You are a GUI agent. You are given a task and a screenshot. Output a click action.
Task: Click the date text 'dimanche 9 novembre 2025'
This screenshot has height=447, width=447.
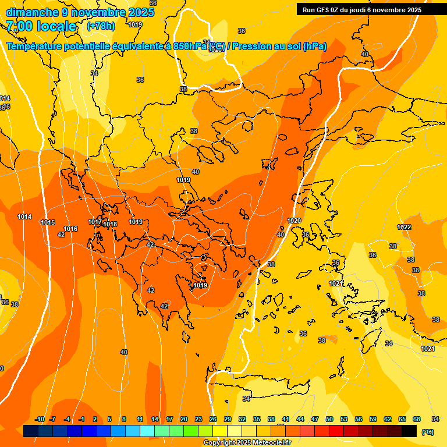coord(80,12)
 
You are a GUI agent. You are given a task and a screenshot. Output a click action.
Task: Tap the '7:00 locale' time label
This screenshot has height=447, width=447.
coord(41,26)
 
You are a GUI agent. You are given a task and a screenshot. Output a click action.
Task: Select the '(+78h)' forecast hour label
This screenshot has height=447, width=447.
coord(101,26)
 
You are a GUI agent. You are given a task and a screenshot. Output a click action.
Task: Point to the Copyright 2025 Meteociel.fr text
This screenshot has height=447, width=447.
coord(255,443)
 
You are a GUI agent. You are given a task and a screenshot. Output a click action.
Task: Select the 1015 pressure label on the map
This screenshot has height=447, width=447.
coord(48,223)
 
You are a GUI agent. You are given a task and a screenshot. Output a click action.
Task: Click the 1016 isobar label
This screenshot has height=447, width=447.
coord(71,229)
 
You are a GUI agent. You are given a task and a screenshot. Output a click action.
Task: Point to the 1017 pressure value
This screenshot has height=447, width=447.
coord(95,222)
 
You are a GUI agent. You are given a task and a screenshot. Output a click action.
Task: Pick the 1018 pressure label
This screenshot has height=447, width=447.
coord(110,225)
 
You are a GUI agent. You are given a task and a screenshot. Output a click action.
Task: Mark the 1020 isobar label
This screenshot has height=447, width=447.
coord(294,221)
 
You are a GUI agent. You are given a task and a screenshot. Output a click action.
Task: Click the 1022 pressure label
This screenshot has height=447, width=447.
coord(404,227)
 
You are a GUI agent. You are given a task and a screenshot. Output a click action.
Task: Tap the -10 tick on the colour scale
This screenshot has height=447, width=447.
coord(40,419)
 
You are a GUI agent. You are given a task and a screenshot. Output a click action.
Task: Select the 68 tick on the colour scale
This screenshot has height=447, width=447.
coord(417,419)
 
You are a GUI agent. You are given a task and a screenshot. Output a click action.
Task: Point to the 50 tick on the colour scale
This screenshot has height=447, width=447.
coord(329,419)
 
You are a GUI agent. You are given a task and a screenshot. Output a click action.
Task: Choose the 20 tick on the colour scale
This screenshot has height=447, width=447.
coord(184,419)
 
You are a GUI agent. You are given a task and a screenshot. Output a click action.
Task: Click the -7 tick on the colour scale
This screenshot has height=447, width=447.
coord(52,419)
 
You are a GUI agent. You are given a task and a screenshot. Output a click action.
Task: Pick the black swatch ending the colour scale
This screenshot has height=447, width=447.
coord(409,431)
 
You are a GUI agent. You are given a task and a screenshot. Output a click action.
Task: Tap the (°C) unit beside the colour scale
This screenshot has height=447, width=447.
coord(427,432)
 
